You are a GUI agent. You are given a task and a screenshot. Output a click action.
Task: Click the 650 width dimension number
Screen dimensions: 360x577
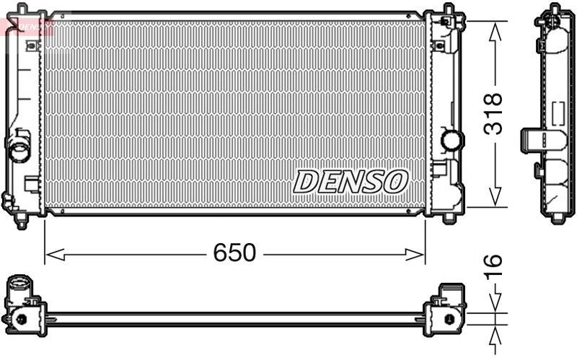point(234,253)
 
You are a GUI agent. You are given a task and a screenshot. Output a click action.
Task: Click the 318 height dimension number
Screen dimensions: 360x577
point(494,113)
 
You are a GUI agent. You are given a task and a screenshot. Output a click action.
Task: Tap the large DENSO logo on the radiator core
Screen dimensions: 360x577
point(351,181)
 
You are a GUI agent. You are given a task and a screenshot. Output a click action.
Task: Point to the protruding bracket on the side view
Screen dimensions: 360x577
point(533,137)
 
